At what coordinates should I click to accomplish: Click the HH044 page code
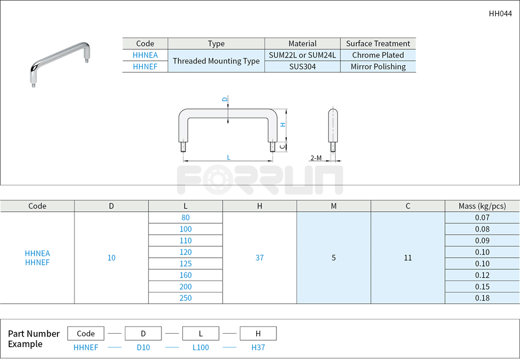coord(500,14)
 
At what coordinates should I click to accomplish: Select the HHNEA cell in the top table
coord(145,55)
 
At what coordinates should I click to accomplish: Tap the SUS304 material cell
coord(302,67)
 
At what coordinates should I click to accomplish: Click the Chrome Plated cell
coord(378,55)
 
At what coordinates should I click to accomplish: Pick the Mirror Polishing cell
coord(378,67)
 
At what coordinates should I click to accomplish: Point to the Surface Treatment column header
coord(378,44)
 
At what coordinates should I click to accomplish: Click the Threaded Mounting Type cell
coord(216,61)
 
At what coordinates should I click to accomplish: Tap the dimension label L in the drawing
coord(228,158)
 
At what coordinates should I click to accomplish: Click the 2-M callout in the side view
coord(316,158)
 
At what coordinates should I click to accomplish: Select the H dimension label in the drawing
coord(282,125)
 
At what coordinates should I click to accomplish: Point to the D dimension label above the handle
coord(224,99)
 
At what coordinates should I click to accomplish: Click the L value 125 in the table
coord(186,264)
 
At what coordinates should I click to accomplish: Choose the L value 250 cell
coord(186,298)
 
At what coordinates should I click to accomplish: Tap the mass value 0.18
coord(482,298)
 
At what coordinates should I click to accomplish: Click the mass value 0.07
coord(482,218)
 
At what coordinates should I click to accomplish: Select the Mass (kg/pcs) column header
coord(482,206)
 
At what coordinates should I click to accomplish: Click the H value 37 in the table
coord(259,258)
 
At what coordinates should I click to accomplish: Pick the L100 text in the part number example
coord(200,347)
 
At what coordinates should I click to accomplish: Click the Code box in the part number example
coord(86,333)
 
